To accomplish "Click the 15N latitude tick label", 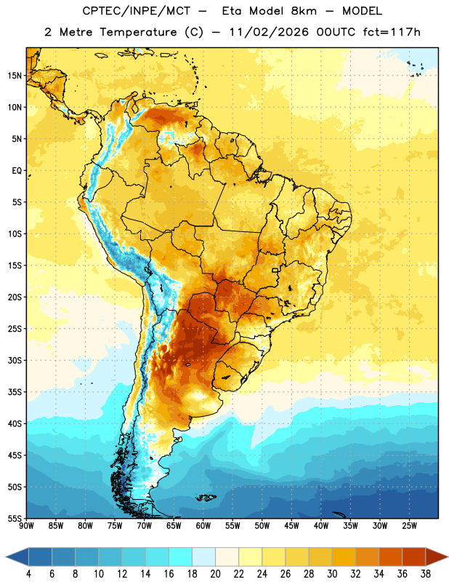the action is pyautogui.click(x=15, y=76).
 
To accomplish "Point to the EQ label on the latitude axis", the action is pyautogui.click(x=17, y=171).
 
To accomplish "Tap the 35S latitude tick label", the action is pyautogui.click(x=15, y=392).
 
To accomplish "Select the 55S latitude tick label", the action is pyautogui.click(x=15, y=518).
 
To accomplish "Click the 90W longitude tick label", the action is pyautogui.click(x=26, y=526).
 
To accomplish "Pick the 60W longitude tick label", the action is pyautogui.click(x=203, y=526).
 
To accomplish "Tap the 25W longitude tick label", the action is pyautogui.click(x=409, y=526).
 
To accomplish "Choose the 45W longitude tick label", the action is pyautogui.click(x=292, y=526).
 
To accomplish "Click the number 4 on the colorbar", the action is pyautogui.click(x=28, y=574).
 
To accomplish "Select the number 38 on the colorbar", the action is pyautogui.click(x=426, y=574).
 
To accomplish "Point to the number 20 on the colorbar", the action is pyautogui.click(x=215, y=574).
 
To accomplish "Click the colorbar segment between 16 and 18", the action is pyautogui.click(x=181, y=557).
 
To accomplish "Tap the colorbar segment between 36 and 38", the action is pyautogui.click(x=414, y=557).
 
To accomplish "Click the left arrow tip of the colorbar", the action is pyautogui.click(x=6, y=557).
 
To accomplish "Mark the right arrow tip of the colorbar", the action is pyautogui.click(x=448, y=557).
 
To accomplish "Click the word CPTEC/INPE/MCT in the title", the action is pyautogui.click(x=137, y=11).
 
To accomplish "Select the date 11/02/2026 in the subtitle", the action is pyautogui.click(x=269, y=32).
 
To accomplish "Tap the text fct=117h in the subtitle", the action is pyautogui.click(x=392, y=32).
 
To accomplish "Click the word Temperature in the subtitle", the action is pyautogui.click(x=138, y=33).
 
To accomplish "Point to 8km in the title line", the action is pyautogui.click(x=304, y=11).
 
